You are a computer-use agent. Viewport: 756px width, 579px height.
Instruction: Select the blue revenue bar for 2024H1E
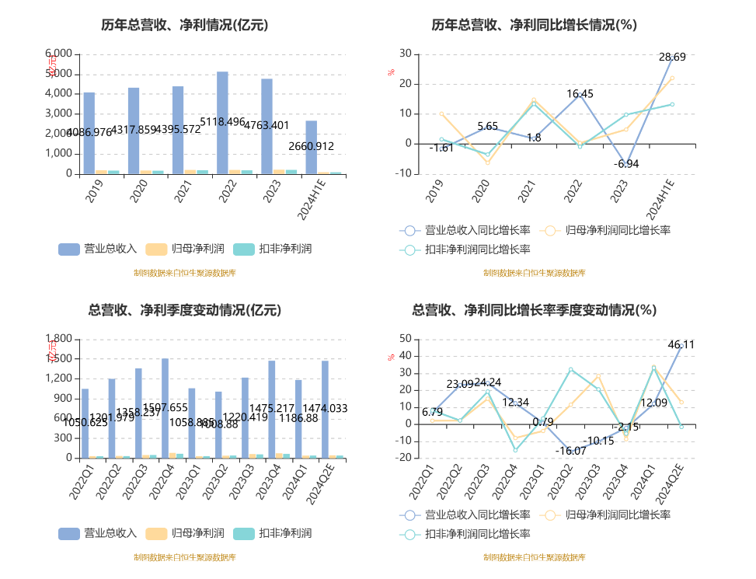[x=311, y=148]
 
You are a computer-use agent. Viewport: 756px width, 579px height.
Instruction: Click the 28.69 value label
[x=672, y=58]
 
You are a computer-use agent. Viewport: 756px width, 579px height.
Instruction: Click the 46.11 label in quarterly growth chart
[x=681, y=345]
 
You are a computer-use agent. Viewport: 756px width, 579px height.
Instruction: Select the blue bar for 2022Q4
[x=165, y=408]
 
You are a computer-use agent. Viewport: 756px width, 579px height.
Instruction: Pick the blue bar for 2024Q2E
[x=325, y=410]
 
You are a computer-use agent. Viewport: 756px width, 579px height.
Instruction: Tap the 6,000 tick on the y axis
[x=59, y=54]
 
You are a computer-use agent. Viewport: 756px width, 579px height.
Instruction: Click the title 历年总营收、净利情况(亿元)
[x=184, y=25]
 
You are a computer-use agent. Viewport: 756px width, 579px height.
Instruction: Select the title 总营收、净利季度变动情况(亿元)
[x=184, y=310]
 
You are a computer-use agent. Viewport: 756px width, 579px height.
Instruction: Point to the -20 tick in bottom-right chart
[x=405, y=458]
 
